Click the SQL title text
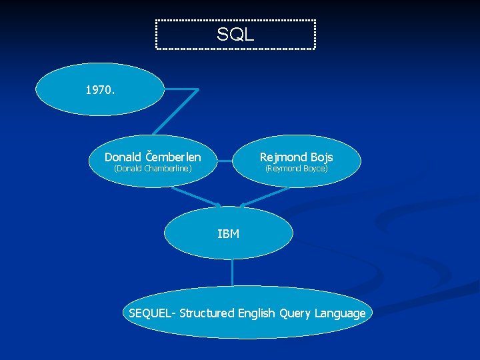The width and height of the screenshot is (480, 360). coord(235,35)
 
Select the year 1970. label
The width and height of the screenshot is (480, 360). coord(100,89)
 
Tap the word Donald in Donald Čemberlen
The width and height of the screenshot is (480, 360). coord(123,157)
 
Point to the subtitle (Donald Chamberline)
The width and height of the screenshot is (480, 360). coord(153,169)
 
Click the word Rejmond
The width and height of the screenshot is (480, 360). coord(283,157)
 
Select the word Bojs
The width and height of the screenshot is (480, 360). coord(321,157)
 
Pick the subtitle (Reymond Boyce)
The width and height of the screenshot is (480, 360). coord(297,169)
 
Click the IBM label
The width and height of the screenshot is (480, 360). coord(228,234)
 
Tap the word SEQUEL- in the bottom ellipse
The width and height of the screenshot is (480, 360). coord(152,313)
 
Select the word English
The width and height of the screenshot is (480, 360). coord(257,313)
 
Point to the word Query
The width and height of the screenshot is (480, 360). coord(295,313)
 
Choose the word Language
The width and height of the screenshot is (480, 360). coord(340,313)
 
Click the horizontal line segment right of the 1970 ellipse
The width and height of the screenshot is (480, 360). coord(181,89)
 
